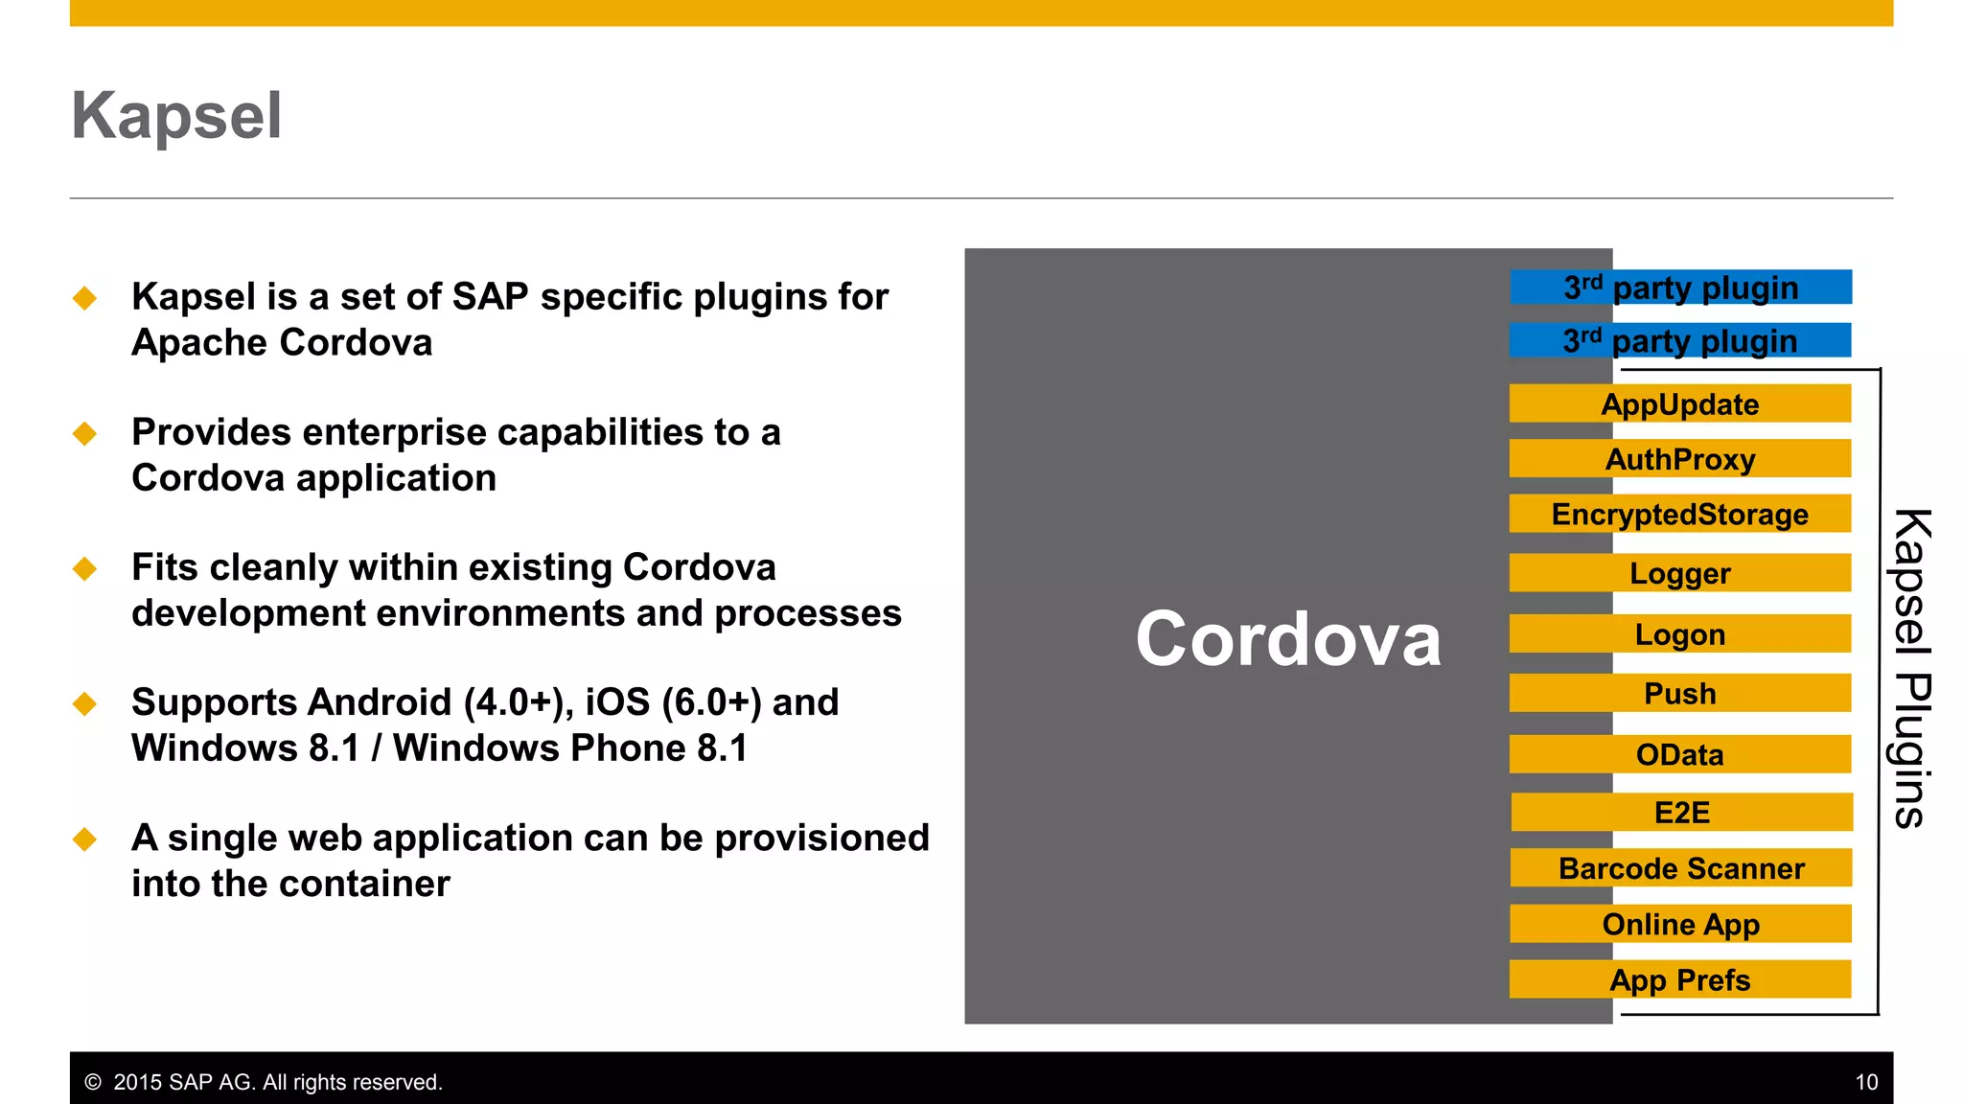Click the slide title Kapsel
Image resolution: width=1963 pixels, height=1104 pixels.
(176, 116)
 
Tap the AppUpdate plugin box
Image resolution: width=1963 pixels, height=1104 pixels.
(1679, 403)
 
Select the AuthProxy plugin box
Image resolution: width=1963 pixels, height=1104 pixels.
(1679, 459)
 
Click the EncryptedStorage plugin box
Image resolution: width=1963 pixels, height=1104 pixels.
(1679, 514)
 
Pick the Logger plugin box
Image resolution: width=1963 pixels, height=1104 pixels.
(1679, 573)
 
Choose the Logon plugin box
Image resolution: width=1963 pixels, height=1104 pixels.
(1679, 633)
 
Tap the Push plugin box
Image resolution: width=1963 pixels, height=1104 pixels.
(1679, 693)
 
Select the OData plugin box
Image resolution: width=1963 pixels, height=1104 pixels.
(1679, 754)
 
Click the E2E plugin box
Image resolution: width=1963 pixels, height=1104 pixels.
(1681, 812)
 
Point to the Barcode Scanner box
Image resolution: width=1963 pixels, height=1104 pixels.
(1681, 867)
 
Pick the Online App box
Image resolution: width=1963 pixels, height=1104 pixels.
(1680, 924)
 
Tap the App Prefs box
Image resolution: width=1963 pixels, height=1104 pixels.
(1679, 979)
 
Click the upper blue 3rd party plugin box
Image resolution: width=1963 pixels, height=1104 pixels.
(1680, 287)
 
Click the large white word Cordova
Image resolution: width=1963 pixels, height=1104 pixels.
(1287, 639)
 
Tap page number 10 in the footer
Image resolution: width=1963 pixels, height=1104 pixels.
(1865, 1082)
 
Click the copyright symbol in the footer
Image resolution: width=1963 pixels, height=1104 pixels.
(93, 1082)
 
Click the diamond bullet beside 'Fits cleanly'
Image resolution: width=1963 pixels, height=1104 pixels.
(84, 568)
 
